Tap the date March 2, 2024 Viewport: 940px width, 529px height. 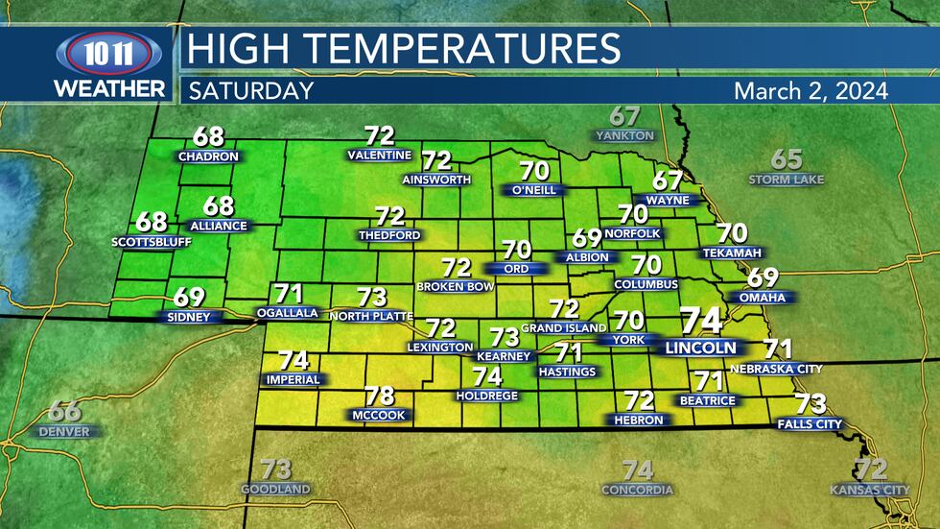pyautogui.click(x=810, y=91)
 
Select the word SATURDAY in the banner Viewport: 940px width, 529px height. pyautogui.click(x=251, y=91)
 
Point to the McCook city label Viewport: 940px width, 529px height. pyautogui.click(x=379, y=415)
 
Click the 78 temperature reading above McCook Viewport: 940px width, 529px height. pyautogui.click(x=379, y=396)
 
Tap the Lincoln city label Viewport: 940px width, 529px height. pyautogui.click(x=701, y=348)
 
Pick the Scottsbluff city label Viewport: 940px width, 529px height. pyautogui.click(x=152, y=241)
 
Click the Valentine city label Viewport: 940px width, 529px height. pyautogui.click(x=380, y=155)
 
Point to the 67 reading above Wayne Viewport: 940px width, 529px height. pyautogui.click(x=668, y=180)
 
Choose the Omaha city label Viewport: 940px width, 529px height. pyautogui.click(x=763, y=298)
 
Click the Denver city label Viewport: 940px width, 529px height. pyautogui.click(x=64, y=431)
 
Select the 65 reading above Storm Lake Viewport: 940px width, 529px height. pyautogui.click(x=787, y=159)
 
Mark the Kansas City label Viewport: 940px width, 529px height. pyautogui.click(x=870, y=490)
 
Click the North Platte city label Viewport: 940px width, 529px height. pyautogui.click(x=370, y=316)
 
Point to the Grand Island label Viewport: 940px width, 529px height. pyautogui.click(x=563, y=328)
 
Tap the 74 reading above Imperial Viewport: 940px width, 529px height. pyautogui.click(x=294, y=360)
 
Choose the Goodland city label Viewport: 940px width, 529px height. pyautogui.click(x=276, y=489)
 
